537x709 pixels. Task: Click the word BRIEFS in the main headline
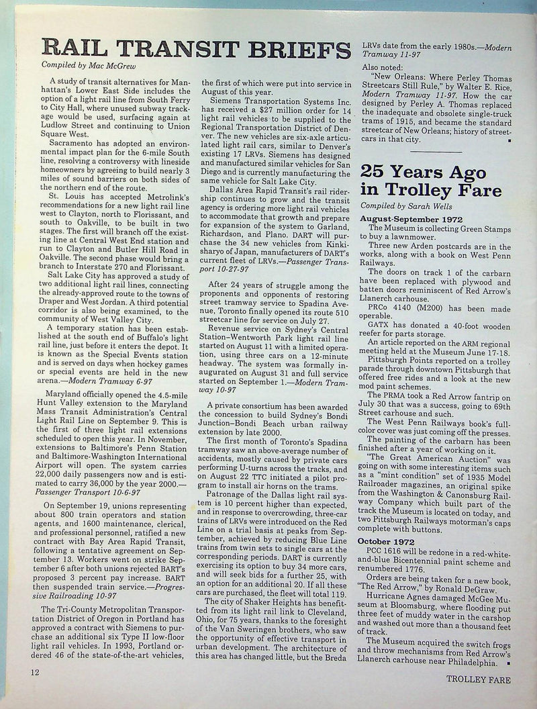pyautogui.click(x=296, y=49)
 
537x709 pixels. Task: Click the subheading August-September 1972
pyautogui.click(x=409, y=219)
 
